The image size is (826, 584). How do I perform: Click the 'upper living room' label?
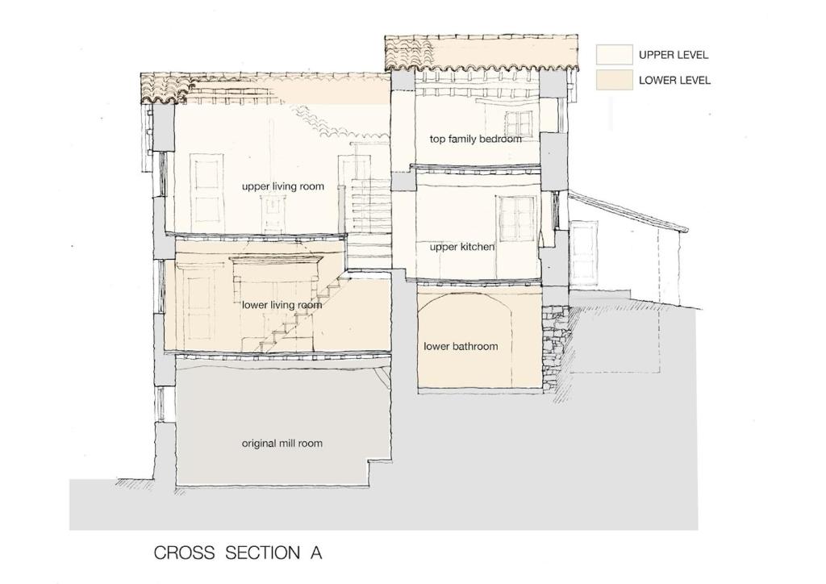[283, 186]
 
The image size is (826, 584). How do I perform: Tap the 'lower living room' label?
[282, 305]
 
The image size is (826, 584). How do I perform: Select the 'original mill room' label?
[282, 444]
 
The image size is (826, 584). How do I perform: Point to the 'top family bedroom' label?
[475, 139]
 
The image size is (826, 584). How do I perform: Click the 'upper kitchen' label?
[462, 247]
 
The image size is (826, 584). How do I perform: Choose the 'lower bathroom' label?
[461, 347]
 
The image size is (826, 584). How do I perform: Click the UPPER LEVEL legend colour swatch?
[614, 55]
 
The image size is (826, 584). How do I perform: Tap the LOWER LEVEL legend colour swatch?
[614, 80]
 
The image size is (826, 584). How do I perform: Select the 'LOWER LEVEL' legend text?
[674, 81]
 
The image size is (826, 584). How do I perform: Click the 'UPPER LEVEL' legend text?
[674, 55]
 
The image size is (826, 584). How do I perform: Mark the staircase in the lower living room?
[295, 313]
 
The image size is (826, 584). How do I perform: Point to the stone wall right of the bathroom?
[555, 347]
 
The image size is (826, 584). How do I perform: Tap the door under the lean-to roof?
[584, 253]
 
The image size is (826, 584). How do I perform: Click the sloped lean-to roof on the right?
[628, 211]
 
